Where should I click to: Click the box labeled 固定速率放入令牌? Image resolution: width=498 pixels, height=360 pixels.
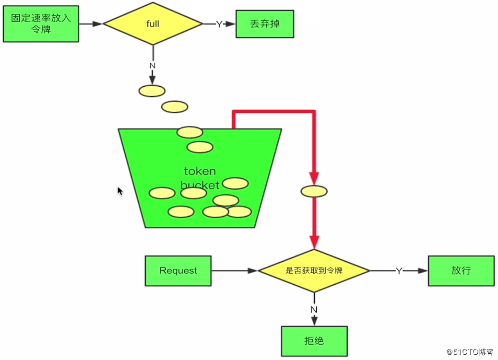click(41, 24)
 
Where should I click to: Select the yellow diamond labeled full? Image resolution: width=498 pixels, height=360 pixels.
click(153, 24)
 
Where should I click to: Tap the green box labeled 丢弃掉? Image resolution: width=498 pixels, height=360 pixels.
click(265, 24)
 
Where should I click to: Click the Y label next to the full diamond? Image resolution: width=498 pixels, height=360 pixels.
click(219, 24)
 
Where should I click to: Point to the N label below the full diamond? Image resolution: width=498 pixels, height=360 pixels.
click(153, 66)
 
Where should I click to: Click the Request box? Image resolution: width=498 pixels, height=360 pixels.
click(178, 271)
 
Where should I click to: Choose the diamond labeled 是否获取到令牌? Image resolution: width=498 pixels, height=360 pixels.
click(314, 270)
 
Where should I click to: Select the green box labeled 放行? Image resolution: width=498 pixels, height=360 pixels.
click(461, 271)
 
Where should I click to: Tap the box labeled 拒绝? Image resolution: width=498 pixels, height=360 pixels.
click(314, 341)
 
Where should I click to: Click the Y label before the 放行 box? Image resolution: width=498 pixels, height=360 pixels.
click(399, 271)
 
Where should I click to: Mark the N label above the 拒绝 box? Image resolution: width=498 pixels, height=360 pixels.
click(314, 310)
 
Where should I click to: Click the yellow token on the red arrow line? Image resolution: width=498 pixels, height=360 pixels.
click(314, 191)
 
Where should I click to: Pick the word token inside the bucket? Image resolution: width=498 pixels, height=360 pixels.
click(200, 171)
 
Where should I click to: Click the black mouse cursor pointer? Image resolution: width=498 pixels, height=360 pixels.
click(120, 191)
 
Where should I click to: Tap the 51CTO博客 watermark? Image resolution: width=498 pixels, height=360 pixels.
click(470, 352)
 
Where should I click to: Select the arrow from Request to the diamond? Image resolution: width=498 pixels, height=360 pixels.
click(234, 271)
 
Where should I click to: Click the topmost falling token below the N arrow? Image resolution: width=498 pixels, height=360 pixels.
click(152, 91)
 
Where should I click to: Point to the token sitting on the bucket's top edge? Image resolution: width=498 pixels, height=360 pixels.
click(190, 132)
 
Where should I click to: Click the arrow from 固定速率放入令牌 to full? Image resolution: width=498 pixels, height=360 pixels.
click(91, 24)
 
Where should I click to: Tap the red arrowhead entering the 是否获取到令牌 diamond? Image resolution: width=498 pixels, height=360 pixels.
click(314, 242)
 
